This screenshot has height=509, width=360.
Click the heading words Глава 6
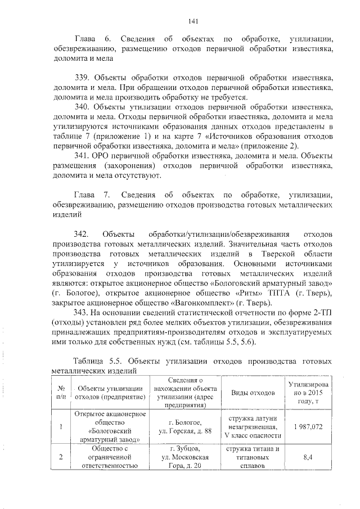91,39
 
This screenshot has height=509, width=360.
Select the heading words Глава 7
91,195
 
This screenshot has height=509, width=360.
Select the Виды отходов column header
255,392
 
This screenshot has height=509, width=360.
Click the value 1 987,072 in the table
307,427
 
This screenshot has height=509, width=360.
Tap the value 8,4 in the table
307,457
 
